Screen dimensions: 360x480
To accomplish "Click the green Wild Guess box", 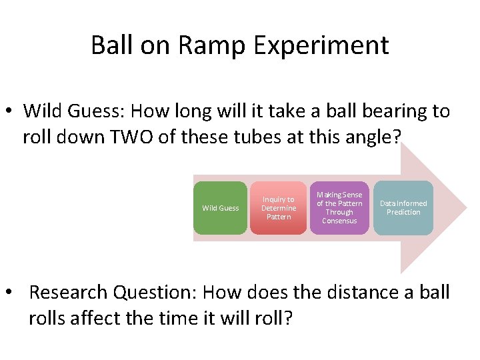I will click(220, 208).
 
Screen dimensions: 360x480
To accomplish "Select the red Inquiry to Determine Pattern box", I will click(278, 208).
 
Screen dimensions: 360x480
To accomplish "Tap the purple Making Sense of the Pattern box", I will click(339, 208).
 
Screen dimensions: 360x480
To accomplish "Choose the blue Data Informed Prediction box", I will click(403, 208).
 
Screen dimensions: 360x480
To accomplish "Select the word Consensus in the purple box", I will click(339, 221).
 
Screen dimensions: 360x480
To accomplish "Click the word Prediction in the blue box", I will click(403, 212).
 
